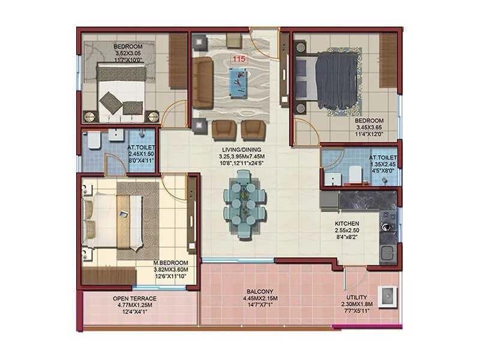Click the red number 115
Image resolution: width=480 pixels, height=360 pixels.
click(239, 59)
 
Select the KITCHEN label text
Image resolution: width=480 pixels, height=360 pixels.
click(347, 223)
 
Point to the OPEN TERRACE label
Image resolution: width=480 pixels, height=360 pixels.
click(134, 298)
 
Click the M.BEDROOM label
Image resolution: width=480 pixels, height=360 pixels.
click(171, 263)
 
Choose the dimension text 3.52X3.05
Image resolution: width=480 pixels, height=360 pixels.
click(127, 53)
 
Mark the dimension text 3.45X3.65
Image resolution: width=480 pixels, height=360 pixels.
click(368, 128)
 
